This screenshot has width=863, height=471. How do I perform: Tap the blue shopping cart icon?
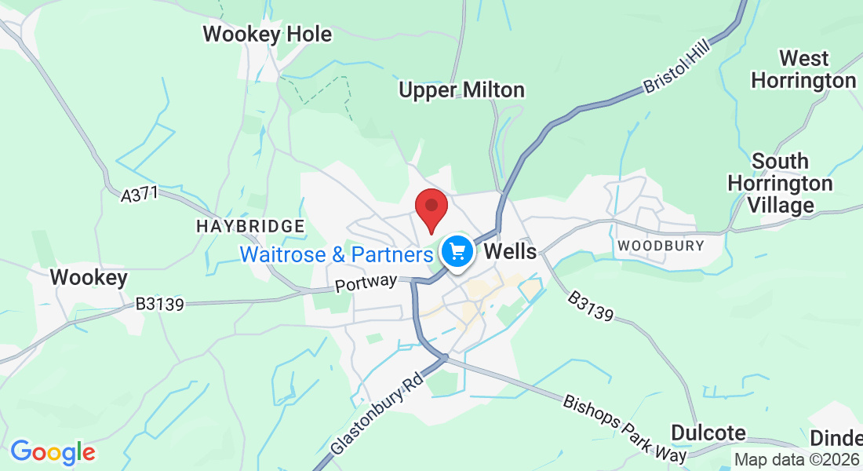(457, 252)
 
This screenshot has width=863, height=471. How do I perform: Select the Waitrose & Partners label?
(337, 254)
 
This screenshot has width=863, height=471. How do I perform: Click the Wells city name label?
(512, 252)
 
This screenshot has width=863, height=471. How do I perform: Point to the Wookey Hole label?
(267, 35)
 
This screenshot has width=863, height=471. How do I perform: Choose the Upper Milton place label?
(461, 90)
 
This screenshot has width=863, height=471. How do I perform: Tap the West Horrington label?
(803, 69)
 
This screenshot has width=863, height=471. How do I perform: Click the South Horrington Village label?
(780, 183)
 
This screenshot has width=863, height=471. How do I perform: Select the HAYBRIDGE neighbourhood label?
(249, 227)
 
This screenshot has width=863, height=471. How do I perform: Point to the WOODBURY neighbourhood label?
(661, 246)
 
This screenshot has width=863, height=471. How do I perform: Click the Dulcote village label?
(708, 433)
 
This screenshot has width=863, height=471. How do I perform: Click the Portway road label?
(366, 283)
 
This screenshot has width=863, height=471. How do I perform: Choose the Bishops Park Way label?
(624, 428)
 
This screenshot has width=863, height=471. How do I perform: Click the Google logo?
(53, 452)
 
